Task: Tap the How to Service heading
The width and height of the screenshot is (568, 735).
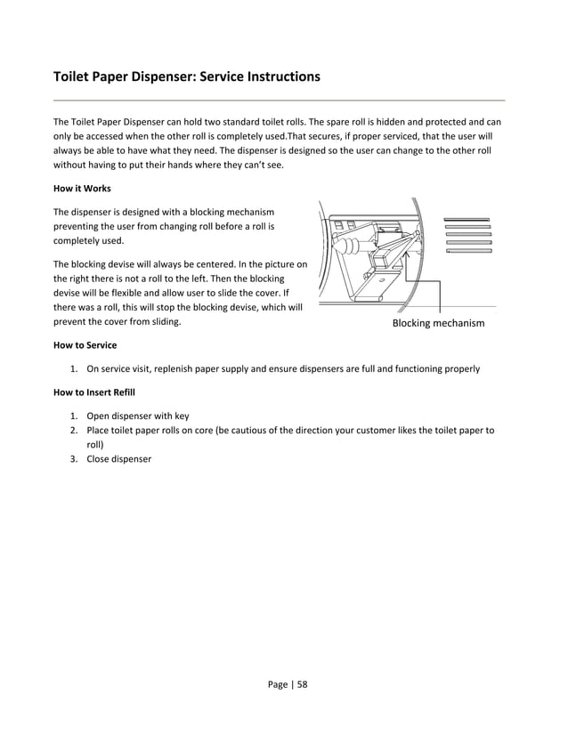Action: coord(85,344)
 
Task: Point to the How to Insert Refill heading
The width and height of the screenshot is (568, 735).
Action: coord(96,392)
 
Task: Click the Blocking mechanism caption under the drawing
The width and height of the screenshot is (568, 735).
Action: coord(438,323)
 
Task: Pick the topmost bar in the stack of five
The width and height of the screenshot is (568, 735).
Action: coord(467,219)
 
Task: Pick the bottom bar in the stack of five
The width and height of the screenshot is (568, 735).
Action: coord(467,251)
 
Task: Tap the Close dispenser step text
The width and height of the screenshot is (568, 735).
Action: coord(118,459)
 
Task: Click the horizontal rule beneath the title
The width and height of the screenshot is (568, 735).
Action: coord(279,100)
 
